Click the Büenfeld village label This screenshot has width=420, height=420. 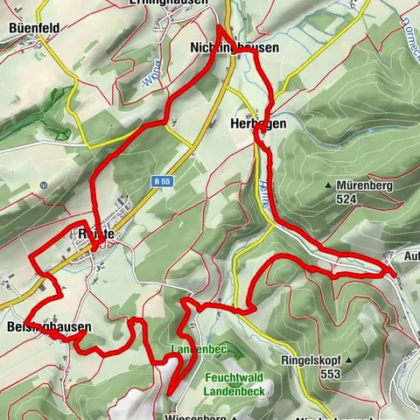pos(34,28)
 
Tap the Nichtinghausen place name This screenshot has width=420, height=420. pos(234,49)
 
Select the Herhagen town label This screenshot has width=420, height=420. pos(258,124)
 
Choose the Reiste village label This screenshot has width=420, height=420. pos(96,234)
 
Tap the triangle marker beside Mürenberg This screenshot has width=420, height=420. pos(328,186)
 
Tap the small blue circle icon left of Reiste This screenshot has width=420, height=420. pos(43,185)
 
